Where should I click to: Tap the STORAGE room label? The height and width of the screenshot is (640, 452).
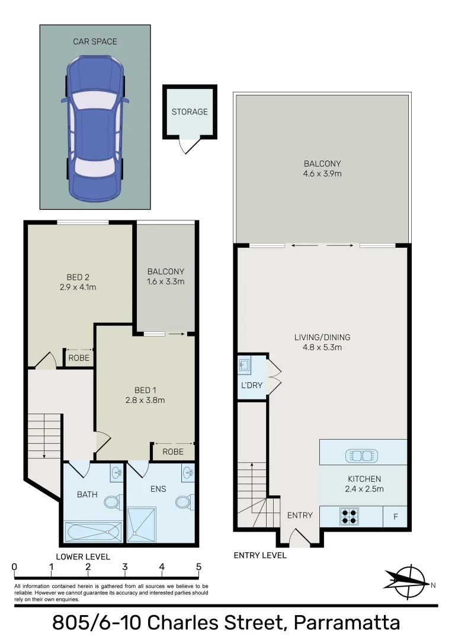pos(190,111)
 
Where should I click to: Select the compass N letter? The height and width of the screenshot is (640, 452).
pos(433,585)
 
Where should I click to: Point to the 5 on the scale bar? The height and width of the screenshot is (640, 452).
pos(198,567)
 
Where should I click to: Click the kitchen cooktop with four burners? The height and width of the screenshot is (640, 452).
pos(348,516)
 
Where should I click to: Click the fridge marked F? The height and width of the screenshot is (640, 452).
pos(395,517)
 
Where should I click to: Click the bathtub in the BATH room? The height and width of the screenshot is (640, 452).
pos(92,532)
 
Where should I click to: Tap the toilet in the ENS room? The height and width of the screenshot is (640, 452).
pos(182,501)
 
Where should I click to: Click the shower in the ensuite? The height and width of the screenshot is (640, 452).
pos(142,524)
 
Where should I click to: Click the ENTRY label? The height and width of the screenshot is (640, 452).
pos(299,516)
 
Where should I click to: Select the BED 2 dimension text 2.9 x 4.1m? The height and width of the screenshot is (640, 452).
pos(78,287)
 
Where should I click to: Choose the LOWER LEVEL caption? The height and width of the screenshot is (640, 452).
pos(82,556)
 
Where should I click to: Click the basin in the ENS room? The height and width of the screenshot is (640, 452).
pos(188,472)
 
